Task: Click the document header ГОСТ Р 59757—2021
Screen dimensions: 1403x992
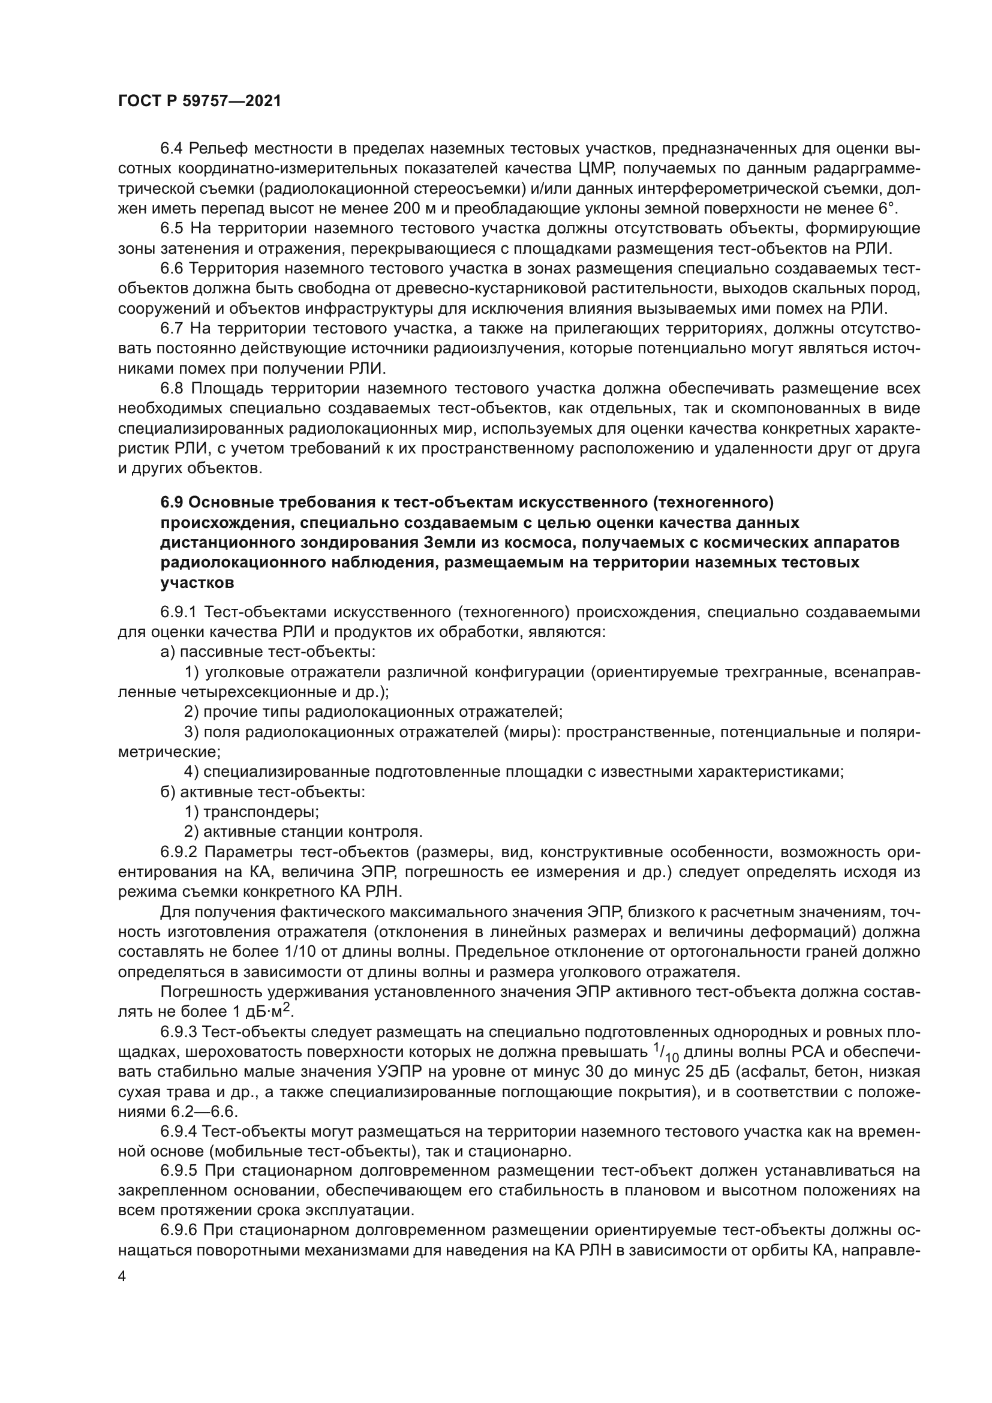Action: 199,101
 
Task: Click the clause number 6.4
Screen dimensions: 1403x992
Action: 172,149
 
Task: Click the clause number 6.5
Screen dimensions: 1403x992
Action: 172,229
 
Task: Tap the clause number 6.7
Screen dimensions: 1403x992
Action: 172,329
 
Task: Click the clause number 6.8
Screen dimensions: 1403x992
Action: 172,389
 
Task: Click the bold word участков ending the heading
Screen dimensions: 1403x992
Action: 197,583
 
